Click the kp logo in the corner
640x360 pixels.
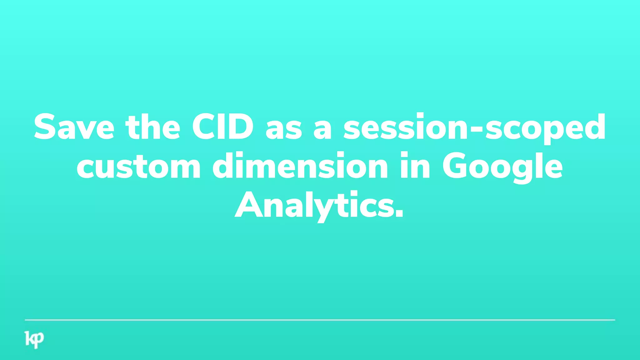(34, 339)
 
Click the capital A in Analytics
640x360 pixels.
(248, 206)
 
